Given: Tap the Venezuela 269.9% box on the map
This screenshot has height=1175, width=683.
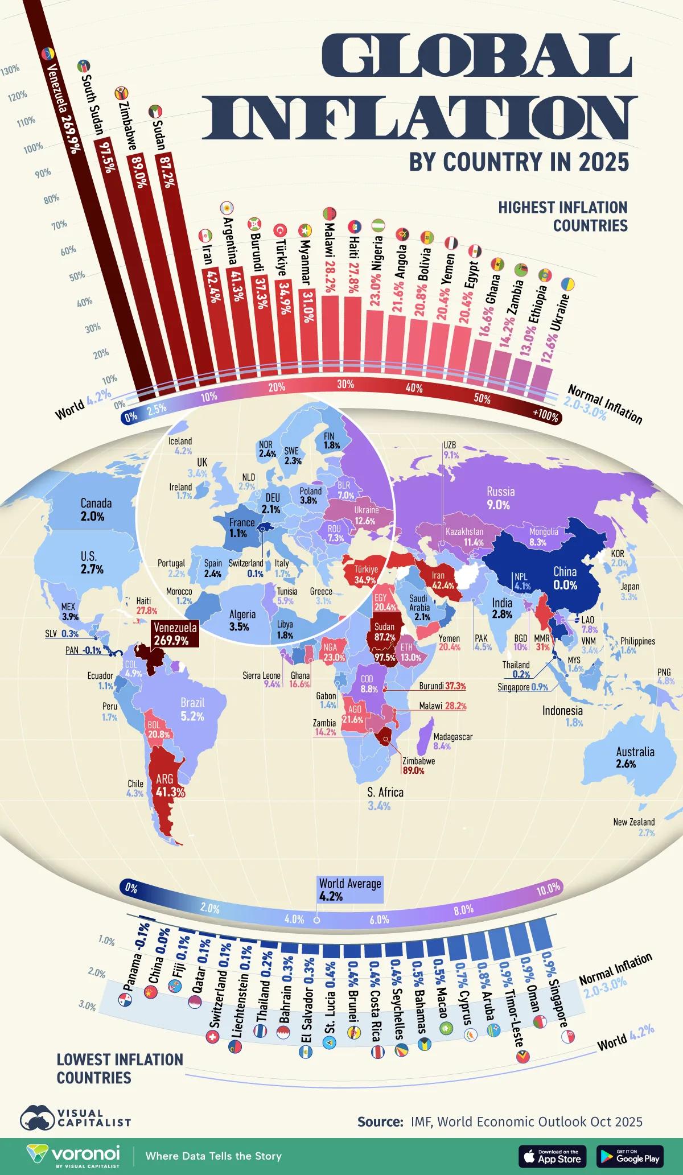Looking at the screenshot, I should (175, 633).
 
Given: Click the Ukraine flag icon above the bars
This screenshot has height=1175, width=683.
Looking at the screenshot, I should (567, 284).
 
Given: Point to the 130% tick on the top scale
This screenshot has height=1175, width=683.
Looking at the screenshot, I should (10, 70).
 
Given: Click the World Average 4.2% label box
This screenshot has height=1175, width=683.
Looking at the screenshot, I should (349, 889).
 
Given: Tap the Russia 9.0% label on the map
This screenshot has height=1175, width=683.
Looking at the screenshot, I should (500, 498).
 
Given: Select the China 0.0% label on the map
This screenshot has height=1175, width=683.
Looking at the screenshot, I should (565, 578).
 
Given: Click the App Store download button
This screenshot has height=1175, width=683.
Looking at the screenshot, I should (552, 1156).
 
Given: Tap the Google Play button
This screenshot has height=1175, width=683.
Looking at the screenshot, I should (630, 1156).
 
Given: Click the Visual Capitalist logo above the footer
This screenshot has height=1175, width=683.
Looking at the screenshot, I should (75, 1118).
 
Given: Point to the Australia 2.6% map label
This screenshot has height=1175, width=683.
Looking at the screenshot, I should (635, 757).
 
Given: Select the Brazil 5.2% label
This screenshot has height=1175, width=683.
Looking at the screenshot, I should (192, 709).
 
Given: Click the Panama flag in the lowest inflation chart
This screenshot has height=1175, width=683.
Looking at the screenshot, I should (125, 1000).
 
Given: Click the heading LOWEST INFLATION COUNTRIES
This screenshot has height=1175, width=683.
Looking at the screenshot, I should (120, 1068).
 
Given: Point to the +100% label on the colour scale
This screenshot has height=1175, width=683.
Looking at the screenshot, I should (545, 415).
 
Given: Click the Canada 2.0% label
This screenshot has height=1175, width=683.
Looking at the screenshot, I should (95, 509).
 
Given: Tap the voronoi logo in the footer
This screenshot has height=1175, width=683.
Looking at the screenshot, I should (74, 1155).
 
